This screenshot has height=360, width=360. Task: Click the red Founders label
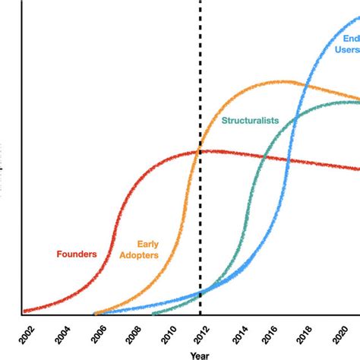(x=77, y=254)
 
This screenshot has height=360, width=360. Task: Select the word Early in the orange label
(x=147, y=245)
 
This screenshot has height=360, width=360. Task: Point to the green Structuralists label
(x=250, y=120)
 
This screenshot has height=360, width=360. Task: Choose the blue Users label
(x=346, y=49)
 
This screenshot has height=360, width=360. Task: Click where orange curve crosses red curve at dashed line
(x=201, y=151)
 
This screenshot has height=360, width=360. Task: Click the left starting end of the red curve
(x=24, y=311)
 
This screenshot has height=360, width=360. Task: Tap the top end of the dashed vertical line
(x=201, y=2)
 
